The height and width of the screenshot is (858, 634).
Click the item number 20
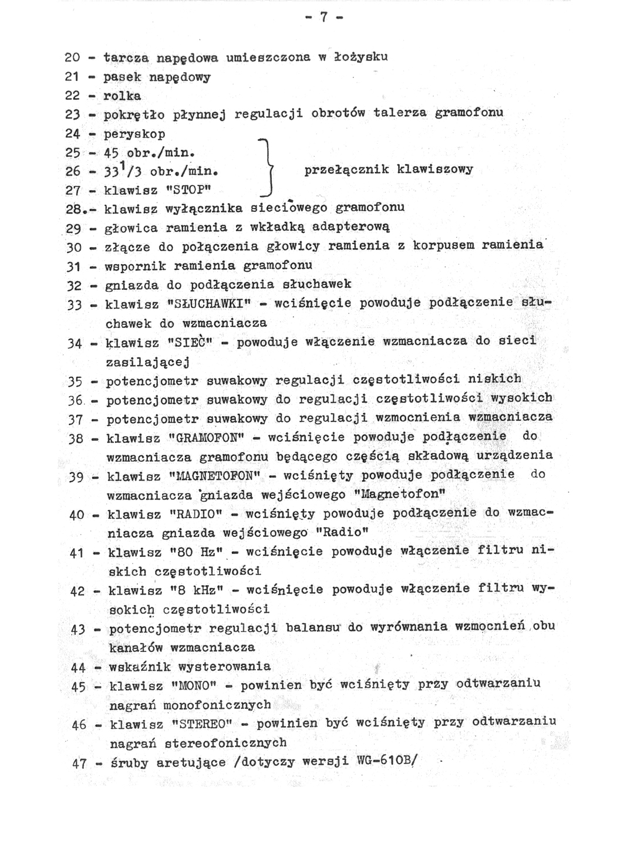pyautogui.click(x=72, y=58)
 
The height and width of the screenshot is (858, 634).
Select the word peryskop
pyautogui.click(x=134, y=134)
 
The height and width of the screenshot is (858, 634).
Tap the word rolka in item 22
pyautogui.click(x=123, y=96)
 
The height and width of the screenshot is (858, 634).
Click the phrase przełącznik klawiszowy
pyautogui.click(x=389, y=170)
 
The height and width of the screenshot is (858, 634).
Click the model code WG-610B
pyautogui.click(x=385, y=761)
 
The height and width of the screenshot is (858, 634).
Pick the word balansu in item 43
pyautogui.click(x=313, y=627)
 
